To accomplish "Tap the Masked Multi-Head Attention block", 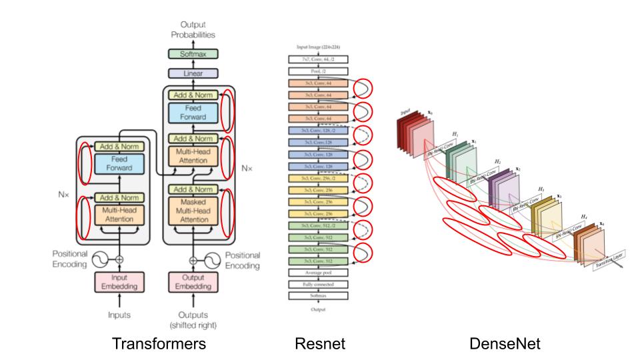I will click(194, 210).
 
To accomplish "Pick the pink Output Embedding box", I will click(194, 282).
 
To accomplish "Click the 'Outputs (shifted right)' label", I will click(195, 320).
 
